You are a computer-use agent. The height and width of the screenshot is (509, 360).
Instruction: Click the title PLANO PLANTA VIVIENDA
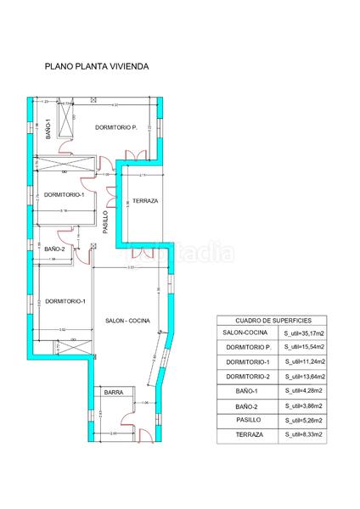point(97,64)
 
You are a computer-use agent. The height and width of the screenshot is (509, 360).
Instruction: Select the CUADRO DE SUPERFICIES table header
point(276,320)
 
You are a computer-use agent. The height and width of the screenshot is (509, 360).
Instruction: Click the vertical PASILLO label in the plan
point(105,222)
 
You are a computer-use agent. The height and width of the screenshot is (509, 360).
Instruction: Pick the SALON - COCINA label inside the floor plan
point(127,321)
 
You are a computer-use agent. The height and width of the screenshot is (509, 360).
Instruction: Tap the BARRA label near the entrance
point(114,393)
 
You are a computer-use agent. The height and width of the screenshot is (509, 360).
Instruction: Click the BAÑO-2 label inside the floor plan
point(54,249)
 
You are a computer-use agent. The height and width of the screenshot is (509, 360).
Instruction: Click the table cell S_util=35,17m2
point(304,333)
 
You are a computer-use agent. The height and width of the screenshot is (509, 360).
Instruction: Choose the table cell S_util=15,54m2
point(304,347)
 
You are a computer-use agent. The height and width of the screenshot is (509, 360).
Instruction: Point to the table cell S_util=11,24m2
point(304,362)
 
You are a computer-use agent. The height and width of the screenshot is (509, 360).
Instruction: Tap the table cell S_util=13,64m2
point(304,377)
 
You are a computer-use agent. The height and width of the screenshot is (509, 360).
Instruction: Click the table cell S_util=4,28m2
point(304,391)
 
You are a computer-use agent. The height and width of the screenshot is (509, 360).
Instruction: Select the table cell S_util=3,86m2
point(304,406)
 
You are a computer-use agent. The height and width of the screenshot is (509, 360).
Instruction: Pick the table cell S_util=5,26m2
point(304,421)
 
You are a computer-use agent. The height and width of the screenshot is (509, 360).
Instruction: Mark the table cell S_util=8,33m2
point(304,435)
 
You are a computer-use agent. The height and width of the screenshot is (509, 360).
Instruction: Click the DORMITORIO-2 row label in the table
point(248,377)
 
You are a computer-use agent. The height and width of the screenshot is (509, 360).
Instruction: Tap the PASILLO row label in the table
point(248,421)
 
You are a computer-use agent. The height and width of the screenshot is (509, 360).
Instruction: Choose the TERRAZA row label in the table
point(248,435)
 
